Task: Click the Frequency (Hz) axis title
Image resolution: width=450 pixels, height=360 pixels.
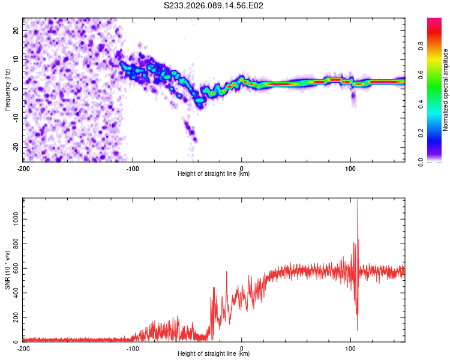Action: click(7, 89)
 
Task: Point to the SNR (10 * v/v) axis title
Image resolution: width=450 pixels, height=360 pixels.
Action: click(7, 270)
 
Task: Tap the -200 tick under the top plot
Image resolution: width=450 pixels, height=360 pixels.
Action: click(23, 169)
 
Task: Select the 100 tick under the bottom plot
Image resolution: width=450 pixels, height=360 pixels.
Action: click(350, 349)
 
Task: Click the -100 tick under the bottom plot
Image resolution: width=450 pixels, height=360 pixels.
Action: click(133, 349)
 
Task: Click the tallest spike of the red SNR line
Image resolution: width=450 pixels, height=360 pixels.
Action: click(358, 200)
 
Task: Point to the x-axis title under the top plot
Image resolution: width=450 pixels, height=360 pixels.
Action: click(214, 174)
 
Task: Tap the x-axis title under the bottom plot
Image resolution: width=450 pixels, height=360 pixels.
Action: click(214, 354)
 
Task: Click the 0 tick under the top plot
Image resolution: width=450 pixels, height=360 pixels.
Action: click(242, 169)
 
